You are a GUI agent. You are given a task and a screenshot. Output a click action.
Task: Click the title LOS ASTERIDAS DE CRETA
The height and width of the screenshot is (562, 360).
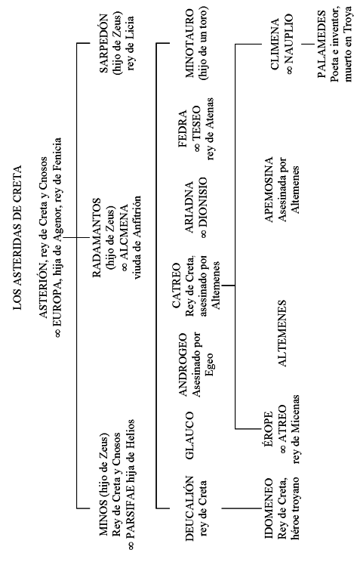[17, 237]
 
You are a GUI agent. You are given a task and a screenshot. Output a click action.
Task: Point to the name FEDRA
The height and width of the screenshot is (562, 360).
[183, 129]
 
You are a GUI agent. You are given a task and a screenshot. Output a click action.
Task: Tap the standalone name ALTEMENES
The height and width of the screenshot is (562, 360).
[282, 333]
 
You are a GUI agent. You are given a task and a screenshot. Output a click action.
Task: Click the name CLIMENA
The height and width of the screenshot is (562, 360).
[275, 44]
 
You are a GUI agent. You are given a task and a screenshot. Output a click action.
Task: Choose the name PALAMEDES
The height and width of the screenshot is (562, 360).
[322, 44]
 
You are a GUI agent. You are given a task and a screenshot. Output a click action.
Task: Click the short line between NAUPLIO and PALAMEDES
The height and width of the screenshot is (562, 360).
[307, 44]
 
